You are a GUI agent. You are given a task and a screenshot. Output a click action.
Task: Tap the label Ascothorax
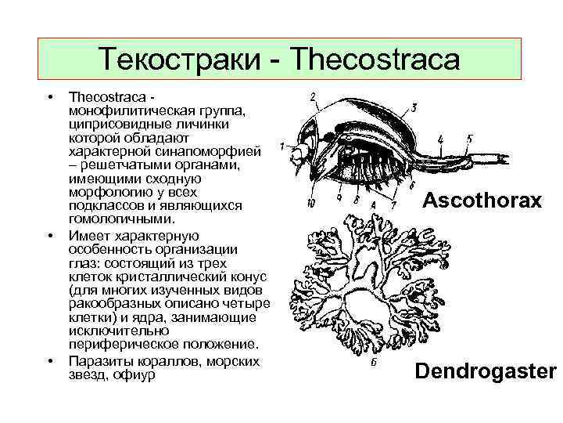(482, 201)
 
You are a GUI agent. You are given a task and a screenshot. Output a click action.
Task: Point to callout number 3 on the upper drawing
(413, 107)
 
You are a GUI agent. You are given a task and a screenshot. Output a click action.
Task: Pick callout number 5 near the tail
(469, 139)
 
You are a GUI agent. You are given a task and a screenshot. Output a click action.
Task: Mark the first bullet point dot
(49, 97)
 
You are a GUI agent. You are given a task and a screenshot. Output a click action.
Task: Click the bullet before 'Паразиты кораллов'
(49, 361)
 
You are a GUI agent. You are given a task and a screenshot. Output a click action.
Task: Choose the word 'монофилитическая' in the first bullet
(128, 110)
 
